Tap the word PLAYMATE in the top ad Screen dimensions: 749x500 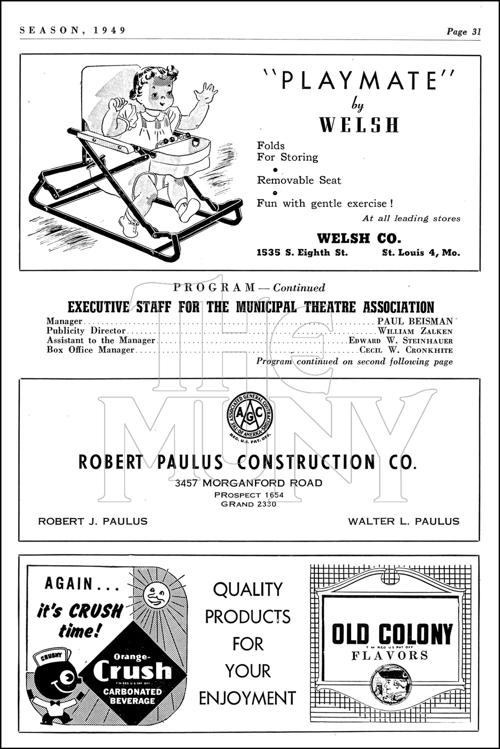point(358,80)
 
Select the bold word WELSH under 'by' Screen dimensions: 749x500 point(359,124)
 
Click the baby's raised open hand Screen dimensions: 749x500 point(205,93)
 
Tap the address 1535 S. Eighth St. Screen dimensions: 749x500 point(302,253)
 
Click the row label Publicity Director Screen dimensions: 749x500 point(86,331)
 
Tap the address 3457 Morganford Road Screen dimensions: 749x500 point(248,483)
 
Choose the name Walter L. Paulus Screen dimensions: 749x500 point(403,521)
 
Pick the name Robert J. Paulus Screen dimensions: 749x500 point(93,521)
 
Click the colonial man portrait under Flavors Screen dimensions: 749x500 point(390,684)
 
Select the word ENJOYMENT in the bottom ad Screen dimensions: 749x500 point(247,698)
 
